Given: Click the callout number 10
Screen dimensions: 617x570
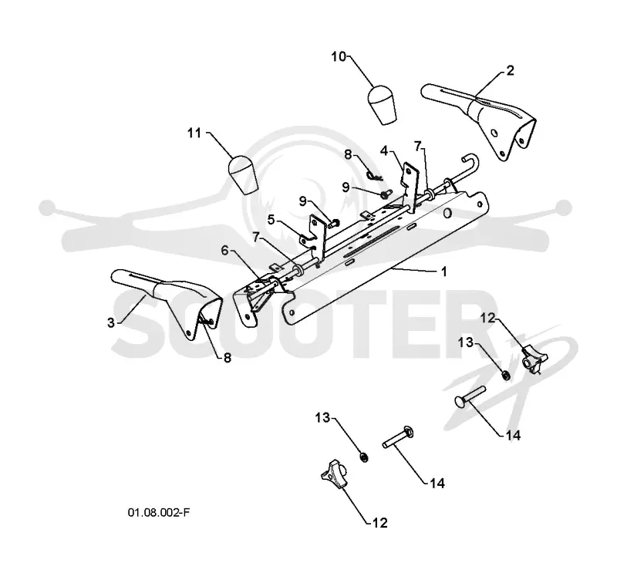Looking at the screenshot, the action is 339,56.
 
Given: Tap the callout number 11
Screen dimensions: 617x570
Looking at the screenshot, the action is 194,133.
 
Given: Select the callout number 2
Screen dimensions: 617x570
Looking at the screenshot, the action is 510,70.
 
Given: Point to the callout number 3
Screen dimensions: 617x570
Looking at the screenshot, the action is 111,322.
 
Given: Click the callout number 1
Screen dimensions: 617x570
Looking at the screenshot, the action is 444,272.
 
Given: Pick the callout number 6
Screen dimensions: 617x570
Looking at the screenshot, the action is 224,250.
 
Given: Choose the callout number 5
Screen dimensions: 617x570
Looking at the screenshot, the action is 271,219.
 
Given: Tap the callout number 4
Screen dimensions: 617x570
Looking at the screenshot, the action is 384,150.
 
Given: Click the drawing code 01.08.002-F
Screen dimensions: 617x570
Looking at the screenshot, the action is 159,512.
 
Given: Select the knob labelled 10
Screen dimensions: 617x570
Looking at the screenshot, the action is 382,105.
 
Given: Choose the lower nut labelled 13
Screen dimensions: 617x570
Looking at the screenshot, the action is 364,457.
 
